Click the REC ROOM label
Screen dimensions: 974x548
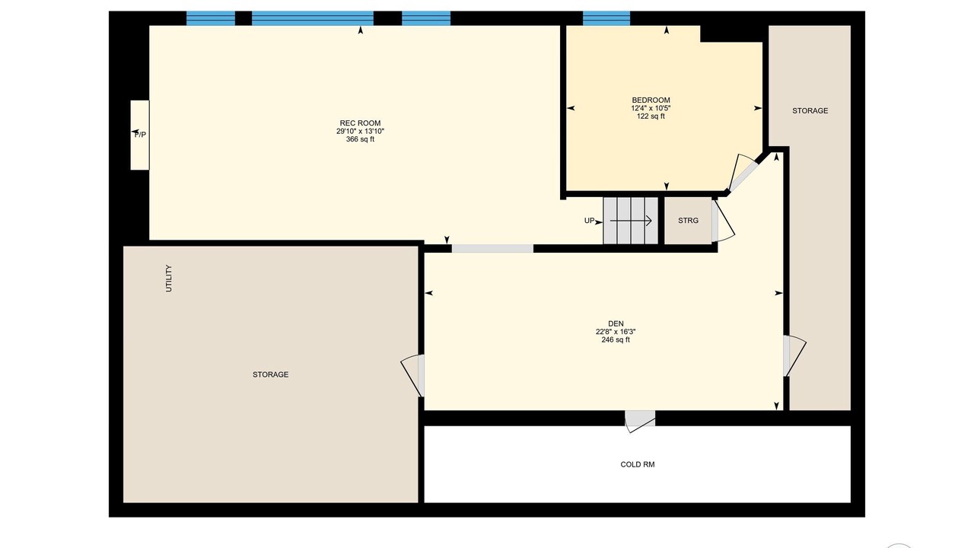360,123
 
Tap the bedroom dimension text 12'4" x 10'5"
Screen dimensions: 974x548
651,108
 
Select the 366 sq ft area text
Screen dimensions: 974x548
360,139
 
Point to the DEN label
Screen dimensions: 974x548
616,323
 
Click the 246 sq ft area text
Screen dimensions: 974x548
616,339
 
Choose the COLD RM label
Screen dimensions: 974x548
638,464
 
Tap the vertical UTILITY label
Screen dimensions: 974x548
169,279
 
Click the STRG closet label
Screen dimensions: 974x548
689,221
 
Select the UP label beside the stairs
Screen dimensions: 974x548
589,221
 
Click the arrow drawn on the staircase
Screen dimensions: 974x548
631,221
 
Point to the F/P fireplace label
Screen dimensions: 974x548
140,135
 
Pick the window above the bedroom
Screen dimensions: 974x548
606,18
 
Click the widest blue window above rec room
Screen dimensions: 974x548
313,18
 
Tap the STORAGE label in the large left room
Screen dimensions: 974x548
270,374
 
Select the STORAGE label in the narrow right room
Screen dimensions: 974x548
810,111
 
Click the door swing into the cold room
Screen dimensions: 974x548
640,422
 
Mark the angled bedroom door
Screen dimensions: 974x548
744,173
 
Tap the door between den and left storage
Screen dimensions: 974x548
412,376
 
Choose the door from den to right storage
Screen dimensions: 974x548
794,355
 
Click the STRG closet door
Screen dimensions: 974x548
723,221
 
